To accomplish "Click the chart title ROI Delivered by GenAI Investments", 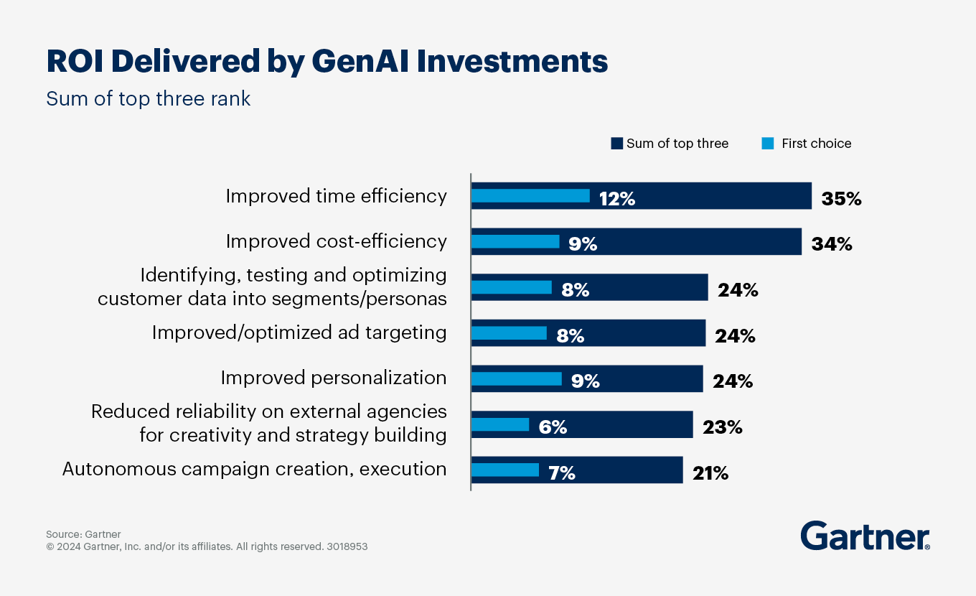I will click(327, 62).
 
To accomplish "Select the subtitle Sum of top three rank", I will click(149, 98).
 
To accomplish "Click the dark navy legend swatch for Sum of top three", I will click(616, 144).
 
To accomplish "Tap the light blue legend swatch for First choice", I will click(768, 144).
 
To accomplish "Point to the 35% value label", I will click(841, 199).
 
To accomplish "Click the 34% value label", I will click(831, 244).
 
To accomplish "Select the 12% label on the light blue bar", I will click(617, 199).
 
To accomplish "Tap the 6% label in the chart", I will click(553, 427).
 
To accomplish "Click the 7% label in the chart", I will click(560, 473).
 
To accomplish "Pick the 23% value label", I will click(723, 427).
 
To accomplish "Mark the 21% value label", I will click(710, 473).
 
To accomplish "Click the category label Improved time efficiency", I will click(336, 196).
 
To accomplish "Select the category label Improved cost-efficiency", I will click(336, 241).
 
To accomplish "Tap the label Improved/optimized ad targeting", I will click(299, 332).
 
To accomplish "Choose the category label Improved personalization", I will click(333, 378).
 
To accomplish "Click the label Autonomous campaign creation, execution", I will click(254, 469).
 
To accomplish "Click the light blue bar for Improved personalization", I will click(516, 378).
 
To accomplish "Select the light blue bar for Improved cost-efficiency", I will click(515, 241).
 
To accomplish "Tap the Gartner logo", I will click(865, 536).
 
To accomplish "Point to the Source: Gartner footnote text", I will click(83, 534).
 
